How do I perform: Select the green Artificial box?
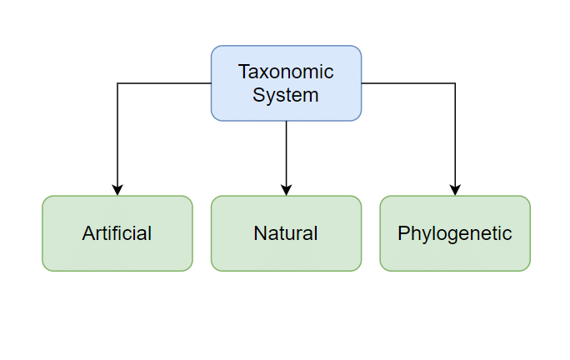[117, 233]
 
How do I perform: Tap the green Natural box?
[286, 233]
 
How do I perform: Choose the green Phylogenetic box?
[455, 233]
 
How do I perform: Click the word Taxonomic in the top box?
[286, 72]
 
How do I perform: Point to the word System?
[286, 95]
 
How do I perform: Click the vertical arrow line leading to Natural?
[286, 154]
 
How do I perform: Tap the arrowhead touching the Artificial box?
[117, 190]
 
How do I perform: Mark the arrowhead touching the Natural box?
[286, 190]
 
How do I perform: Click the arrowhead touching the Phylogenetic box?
[455, 190]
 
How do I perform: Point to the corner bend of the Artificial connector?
[117, 83]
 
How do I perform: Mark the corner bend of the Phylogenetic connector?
[455, 83]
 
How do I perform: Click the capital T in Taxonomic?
[243, 72]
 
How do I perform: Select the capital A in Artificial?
[87, 233]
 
